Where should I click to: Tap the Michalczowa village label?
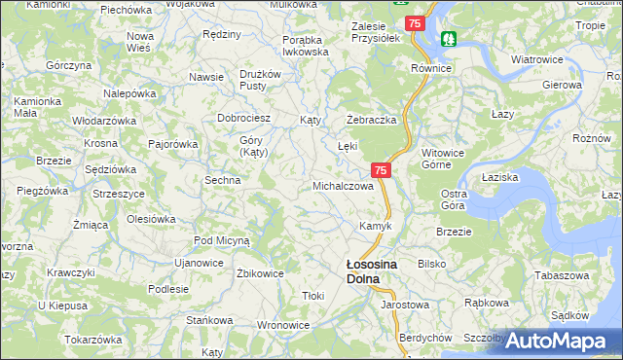[342, 185]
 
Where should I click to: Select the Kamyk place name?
[375, 226]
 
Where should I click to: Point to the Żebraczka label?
[371, 119]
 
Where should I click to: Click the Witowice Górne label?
[446, 159]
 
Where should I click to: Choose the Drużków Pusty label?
[260, 80]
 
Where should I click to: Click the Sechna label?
[222, 180]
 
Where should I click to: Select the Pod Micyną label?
[222, 239]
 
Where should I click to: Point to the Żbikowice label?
[260, 273]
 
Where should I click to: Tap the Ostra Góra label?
[454, 199]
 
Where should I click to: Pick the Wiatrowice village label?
[537, 59]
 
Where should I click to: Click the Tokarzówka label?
[92, 340]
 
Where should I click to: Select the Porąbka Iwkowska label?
[301, 46]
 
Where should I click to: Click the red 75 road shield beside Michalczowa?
[381, 170]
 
